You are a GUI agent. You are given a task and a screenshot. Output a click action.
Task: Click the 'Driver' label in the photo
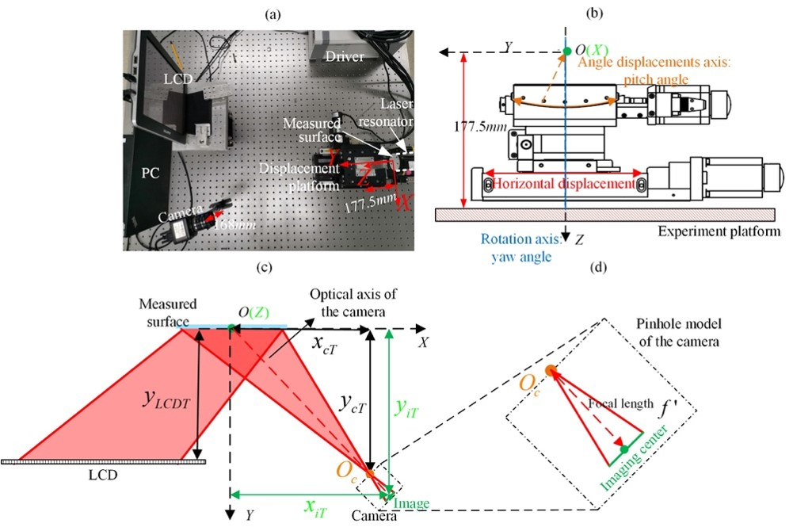tap(344, 56)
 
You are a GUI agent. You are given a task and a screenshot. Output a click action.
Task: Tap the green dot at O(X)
tap(566, 52)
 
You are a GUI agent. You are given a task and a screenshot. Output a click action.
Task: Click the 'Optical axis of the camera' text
tap(353, 301)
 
